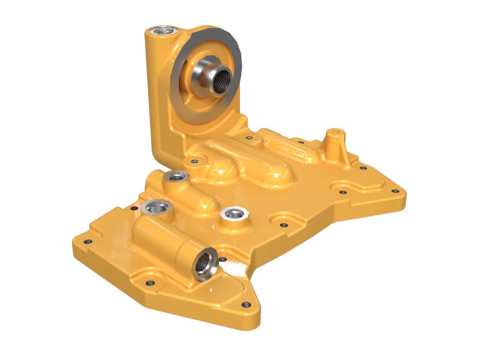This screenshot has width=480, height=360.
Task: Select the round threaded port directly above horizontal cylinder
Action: pyautogui.click(x=157, y=208)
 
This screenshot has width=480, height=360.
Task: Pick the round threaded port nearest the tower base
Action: pyautogui.click(x=176, y=176)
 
